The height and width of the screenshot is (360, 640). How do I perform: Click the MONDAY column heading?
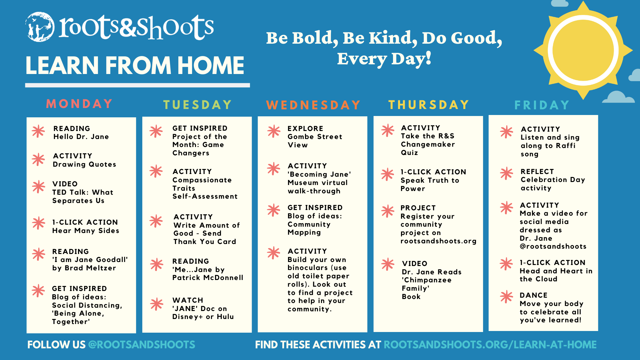click(79, 104)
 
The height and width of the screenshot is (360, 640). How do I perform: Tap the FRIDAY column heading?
click(542, 105)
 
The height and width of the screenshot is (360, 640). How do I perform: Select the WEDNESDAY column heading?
click(313, 105)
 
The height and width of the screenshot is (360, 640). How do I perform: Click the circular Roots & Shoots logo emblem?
click(40, 27)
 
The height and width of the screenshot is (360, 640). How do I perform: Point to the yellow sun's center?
click(583, 50)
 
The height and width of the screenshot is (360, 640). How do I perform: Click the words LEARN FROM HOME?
click(135, 66)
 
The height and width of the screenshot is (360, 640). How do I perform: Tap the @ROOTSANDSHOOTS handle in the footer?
click(142, 345)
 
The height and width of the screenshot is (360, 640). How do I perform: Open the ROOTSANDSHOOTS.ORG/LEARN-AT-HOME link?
click(490, 345)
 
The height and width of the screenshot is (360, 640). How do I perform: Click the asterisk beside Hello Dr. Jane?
click(38, 131)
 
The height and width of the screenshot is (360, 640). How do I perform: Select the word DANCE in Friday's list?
click(533, 295)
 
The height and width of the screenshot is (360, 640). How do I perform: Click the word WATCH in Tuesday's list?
click(188, 300)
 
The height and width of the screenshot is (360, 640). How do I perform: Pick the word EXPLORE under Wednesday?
click(305, 129)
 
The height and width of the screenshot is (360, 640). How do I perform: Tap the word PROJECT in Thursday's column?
click(418, 208)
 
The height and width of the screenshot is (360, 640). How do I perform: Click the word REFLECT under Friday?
click(537, 172)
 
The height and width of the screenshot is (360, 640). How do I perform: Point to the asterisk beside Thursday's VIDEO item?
click(388, 264)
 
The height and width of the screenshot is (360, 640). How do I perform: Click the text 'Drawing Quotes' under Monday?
click(84, 164)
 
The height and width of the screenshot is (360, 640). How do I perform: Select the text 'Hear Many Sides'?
click(86, 231)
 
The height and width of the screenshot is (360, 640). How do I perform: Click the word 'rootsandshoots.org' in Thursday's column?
click(438, 241)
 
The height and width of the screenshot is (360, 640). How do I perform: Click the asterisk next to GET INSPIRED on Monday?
click(38, 291)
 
